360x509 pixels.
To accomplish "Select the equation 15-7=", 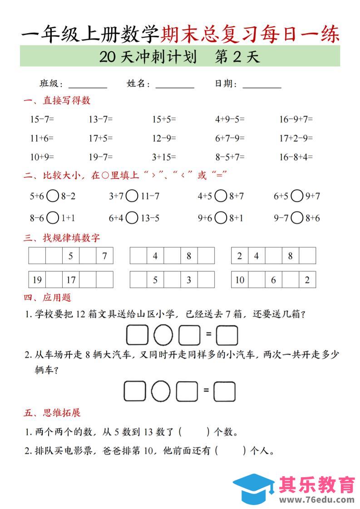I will click(x=42, y=120).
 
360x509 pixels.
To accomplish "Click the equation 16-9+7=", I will click(x=296, y=120).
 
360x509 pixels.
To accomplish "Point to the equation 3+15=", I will click(x=163, y=157).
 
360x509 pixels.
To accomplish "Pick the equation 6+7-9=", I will click(x=230, y=138).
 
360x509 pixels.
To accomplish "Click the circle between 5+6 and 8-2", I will click(x=53, y=196).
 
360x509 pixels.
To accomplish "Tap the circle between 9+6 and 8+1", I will click(x=221, y=218).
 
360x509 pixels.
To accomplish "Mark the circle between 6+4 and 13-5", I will click(x=132, y=218).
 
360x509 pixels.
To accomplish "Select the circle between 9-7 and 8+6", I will click(x=297, y=218).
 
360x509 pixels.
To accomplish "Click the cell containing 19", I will click(x=37, y=280).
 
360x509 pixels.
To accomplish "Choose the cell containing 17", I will click(x=71, y=280).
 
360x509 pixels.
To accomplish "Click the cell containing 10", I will click(x=240, y=280).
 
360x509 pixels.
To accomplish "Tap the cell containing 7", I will click(x=104, y=256).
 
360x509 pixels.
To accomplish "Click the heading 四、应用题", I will click(x=47, y=298).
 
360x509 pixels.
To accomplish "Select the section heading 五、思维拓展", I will click(x=52, y=413).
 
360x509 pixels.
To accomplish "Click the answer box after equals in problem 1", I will click(x=227, y=336).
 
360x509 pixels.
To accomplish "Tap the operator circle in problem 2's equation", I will click(x=160, y=391).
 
